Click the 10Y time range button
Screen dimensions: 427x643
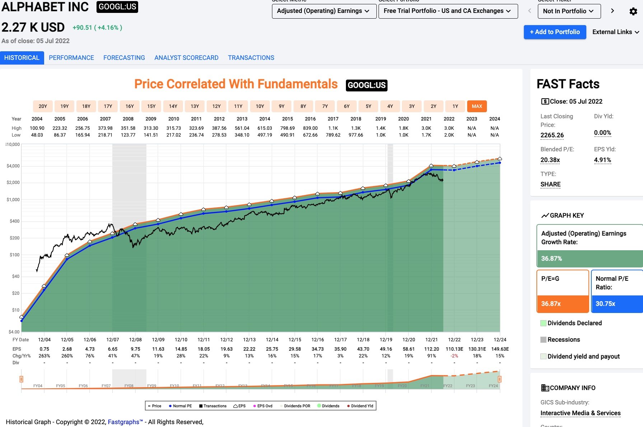pos(260,106)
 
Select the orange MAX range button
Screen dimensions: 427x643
pos(477,106)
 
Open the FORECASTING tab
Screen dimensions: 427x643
pos(124,58)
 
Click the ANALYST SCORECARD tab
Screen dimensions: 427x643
pos(186,58)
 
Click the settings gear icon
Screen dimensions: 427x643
pos(633,11)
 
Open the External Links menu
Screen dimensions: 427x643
pos(615,32)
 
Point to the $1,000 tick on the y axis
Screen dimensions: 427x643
pos(13,200)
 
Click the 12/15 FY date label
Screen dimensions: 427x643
pos(295,340)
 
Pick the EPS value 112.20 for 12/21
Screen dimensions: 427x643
pos(431,349)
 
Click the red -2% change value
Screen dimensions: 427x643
pos(454,356)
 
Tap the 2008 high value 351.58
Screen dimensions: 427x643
pos(128,128)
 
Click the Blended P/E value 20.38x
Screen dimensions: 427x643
pos(550,160)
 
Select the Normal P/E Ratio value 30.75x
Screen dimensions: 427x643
pos(605,304)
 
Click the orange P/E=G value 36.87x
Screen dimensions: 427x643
pos(551,304)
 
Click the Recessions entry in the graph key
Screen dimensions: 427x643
pos(563,340)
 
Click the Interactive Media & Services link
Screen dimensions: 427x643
pos(580,413)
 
